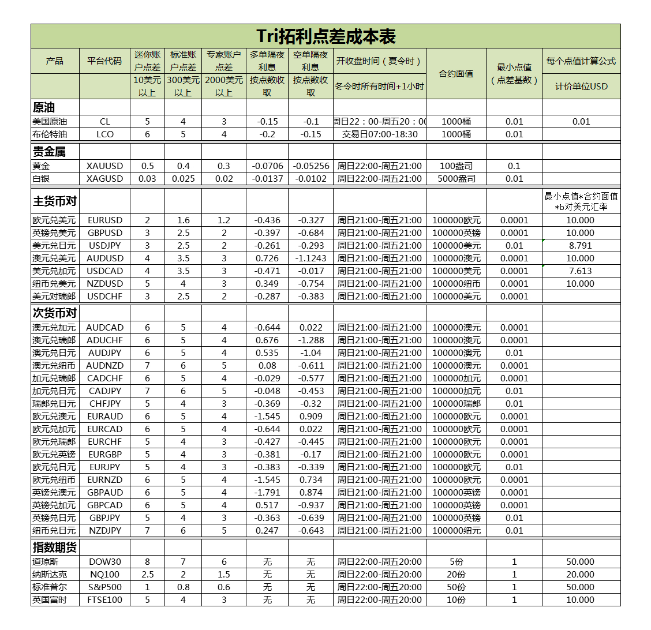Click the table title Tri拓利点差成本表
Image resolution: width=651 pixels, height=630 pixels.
[326, 36]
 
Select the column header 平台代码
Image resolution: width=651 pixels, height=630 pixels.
[104, 61]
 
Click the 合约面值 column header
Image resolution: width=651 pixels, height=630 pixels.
[456, 73]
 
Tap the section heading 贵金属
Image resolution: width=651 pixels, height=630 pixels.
[49, 152]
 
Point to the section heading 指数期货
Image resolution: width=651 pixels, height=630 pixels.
[55, 547]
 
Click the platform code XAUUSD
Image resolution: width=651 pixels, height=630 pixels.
[104, 166]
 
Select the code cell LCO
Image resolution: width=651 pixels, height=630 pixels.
[104, 134]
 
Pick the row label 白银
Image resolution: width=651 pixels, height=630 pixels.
[42, 179]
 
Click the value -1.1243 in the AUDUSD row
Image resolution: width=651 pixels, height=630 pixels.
[310, 258]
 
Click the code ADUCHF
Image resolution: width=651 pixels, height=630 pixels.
[104, 340]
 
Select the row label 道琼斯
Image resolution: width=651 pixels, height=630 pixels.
[46, 562]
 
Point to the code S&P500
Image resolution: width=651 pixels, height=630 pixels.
[104, 587]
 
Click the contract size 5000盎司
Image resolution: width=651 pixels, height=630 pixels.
[456, 179]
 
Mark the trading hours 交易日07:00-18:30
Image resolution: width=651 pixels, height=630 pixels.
[380, 134]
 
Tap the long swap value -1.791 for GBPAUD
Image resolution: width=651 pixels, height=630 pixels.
[267, 493]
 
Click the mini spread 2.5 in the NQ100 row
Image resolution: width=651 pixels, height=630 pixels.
[147, 575]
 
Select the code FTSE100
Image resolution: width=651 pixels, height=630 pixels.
[104, 600]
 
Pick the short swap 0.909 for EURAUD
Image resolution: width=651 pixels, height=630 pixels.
[310, 417]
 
